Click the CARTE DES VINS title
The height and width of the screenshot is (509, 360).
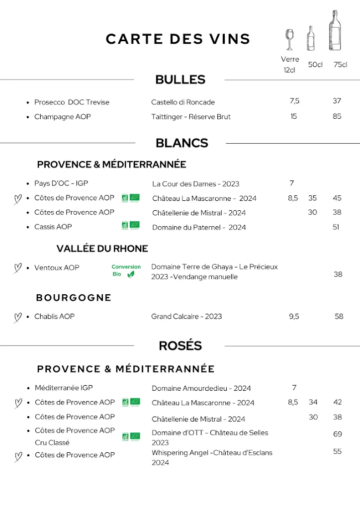[x=178, y=39]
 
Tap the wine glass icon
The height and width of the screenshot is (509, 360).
[x=289, y=39]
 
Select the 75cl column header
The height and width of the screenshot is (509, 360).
[x=340, y=65]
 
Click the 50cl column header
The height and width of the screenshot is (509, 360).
[x=315, y=65]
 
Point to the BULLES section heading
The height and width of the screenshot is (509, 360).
[x=180, y=80]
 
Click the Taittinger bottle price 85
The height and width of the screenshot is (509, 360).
[x=337, y=116]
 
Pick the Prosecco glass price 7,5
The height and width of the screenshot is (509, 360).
[x=294, y=101]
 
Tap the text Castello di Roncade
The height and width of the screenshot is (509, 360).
[x=183, y=102]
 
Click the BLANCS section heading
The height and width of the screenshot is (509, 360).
[x=181, y=143]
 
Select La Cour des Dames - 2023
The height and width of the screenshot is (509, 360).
[x=195, y=184]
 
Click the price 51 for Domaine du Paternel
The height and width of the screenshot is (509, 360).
[x=336, y=227]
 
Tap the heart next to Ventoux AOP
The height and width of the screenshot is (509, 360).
[x=17, y=268]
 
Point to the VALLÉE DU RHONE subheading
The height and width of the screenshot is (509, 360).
[x=102, y=249]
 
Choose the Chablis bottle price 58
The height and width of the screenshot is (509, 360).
[x=339, y=316]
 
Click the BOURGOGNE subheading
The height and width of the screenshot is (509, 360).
[x=74, y=298]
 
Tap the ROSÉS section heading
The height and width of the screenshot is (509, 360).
[x=180, y=346]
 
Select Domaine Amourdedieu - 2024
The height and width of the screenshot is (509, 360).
[x=201, y=388]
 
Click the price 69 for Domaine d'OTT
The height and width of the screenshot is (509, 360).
[x=338, y=434]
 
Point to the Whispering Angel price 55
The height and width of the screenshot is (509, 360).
[x=338, y=451]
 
